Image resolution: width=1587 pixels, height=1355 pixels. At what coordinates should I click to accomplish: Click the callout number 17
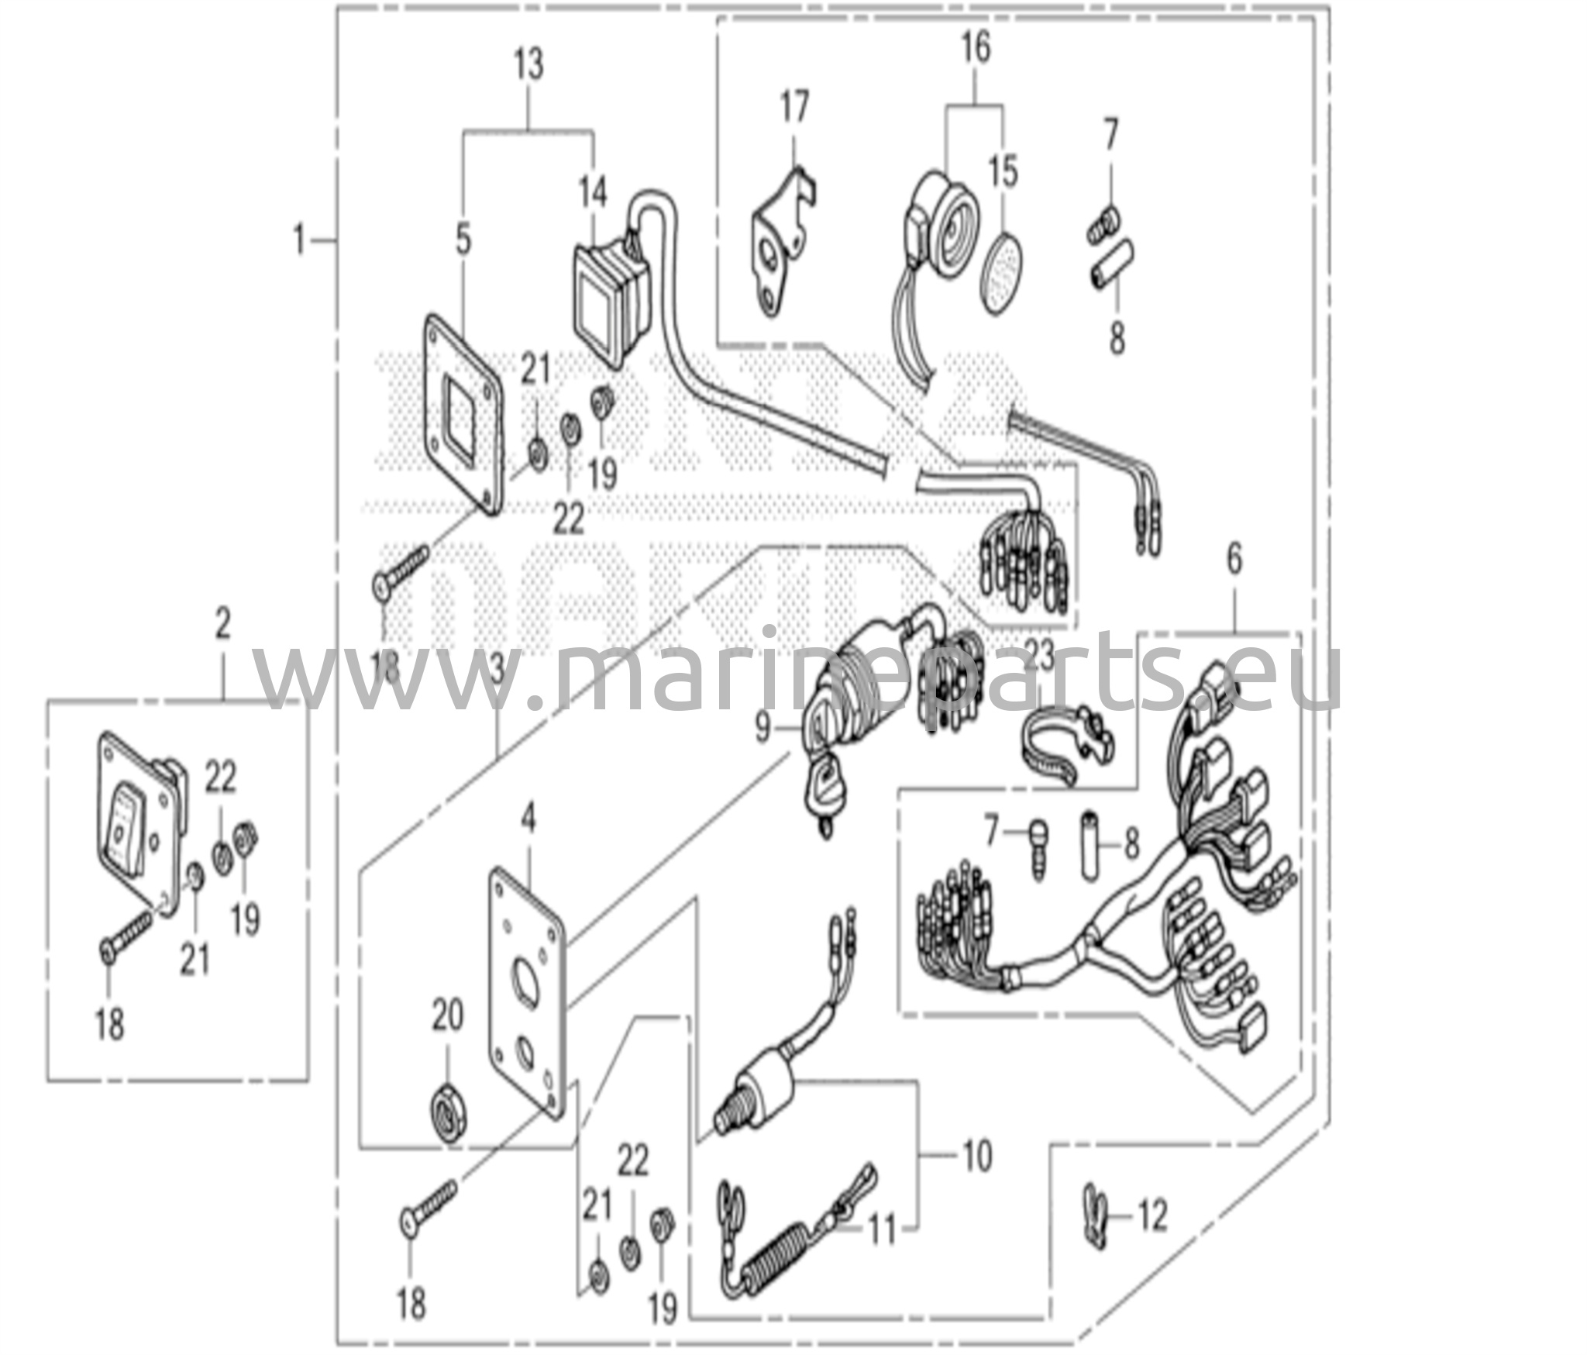click(794, 107)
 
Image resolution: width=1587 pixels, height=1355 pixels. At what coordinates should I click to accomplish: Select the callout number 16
click(976, 48)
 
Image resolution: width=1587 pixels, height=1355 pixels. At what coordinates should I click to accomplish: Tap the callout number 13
click(528, 65)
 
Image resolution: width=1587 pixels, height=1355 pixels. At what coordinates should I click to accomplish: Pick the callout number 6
click(1234, 559)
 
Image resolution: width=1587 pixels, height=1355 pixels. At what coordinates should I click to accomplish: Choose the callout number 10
click(976, 1157)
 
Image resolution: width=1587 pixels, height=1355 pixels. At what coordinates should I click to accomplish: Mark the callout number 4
click(528, 819)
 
